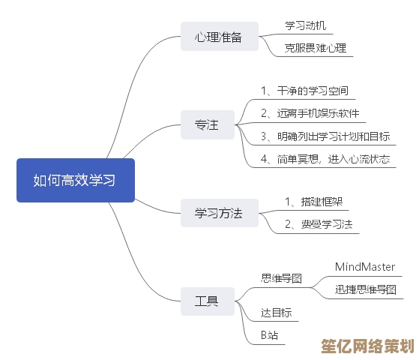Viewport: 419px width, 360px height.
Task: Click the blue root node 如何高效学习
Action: (76, 180)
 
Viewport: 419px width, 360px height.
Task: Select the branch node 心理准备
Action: (219, 37)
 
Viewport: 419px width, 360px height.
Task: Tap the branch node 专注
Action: (207, 125)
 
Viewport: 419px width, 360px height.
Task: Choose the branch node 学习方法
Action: (219, 213)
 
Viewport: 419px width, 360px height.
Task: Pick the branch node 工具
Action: (207, 301)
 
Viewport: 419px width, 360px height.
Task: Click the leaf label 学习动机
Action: (306, 26)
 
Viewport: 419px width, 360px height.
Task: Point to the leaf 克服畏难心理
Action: (315, 48)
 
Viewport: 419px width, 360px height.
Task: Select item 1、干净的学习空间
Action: (304, 91)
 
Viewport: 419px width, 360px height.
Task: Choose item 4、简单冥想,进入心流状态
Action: (325, 159)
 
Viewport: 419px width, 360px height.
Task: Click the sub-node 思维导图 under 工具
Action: (281, 278)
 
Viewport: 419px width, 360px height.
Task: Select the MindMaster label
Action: (364, 267)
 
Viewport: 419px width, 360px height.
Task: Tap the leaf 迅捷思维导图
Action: (365, 289)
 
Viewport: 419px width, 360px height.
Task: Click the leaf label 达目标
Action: (276, 313)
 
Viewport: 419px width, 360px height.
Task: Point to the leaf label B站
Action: (269, 335)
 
